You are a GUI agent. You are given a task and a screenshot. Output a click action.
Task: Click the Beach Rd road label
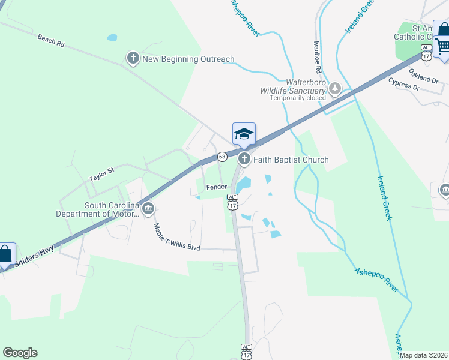tap(50, 41)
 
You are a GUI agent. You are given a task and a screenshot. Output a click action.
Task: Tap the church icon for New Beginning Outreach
tap(133, 58)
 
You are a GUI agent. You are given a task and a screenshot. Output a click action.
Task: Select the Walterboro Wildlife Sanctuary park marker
tap(335, 90)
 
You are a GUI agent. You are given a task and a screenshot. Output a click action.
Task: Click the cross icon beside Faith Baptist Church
tap(244, 160)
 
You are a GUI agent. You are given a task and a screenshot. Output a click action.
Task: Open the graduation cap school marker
tap(244, 134)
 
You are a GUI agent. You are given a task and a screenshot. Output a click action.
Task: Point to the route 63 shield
tap(222, 157)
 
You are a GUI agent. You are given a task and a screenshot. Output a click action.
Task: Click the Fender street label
tap(216, 187)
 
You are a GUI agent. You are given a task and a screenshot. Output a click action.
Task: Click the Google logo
tap(20, 353)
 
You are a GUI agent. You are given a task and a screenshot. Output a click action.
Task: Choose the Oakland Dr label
tap(424, 76)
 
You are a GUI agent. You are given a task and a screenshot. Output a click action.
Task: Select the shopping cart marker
tap(443, 46)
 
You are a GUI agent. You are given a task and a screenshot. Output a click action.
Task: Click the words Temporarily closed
tap(297, 98)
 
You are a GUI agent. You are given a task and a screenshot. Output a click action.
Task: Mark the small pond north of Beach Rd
tap(112, 37)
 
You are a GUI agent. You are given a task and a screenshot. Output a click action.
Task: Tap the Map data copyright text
tap(424, 355)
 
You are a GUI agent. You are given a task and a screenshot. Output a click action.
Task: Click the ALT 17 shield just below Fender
tap(232, 202)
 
